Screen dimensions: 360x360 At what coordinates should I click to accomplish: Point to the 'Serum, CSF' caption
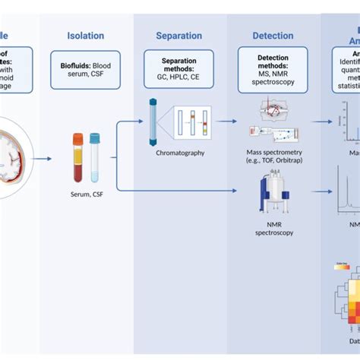coord(86,194)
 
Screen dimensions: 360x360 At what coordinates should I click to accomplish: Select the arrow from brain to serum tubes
coord(43,158)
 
